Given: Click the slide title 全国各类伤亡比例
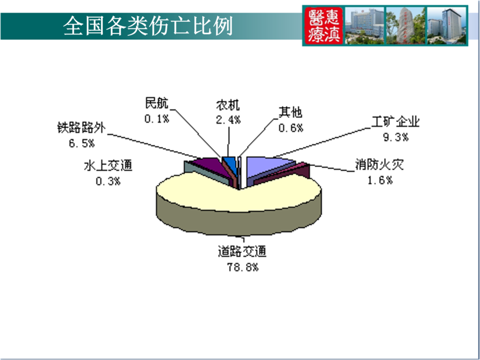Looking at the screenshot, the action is [148, 26].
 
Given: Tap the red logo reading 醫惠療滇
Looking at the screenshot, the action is [324, 26].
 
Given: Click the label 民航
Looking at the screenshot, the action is [157, 103].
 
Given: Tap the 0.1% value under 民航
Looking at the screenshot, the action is [157, 118].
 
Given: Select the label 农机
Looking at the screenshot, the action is [228, 105].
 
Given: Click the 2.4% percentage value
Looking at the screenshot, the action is [228, 120].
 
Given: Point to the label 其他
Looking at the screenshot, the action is [290, 112].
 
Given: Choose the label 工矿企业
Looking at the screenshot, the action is [396, 122].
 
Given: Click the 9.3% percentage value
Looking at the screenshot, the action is [396, 137].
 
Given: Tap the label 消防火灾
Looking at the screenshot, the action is [380, 165].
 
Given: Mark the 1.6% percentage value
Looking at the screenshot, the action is [380, 180].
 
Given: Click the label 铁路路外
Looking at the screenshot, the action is [81, 128].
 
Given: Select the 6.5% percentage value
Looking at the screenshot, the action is [81, 143].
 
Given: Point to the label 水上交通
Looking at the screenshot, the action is [108, 166].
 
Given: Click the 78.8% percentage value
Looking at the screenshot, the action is [242, 267].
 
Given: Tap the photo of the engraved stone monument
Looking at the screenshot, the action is [406, 26].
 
